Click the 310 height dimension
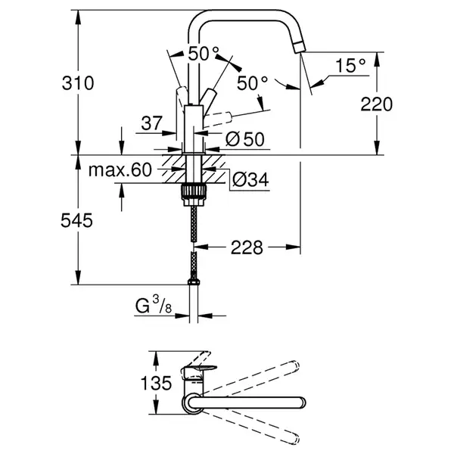coord(78,83)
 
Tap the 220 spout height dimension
coord(376,104)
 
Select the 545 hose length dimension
coord(76,220)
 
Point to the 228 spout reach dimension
coord(247,247)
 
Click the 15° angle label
coord(350,65)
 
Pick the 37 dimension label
coord(152,123)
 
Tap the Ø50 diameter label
coord(245,139)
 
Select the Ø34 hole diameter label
coord(250,180)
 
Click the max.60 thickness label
coord(120,170)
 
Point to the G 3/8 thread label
coord(154,306)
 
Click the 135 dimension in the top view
coord(156,383)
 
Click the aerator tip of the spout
coord(299,48)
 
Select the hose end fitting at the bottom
coord(194,281)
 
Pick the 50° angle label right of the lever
coord(253,83)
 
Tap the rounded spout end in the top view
coord(301,403)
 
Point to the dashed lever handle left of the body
coord(182,96)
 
